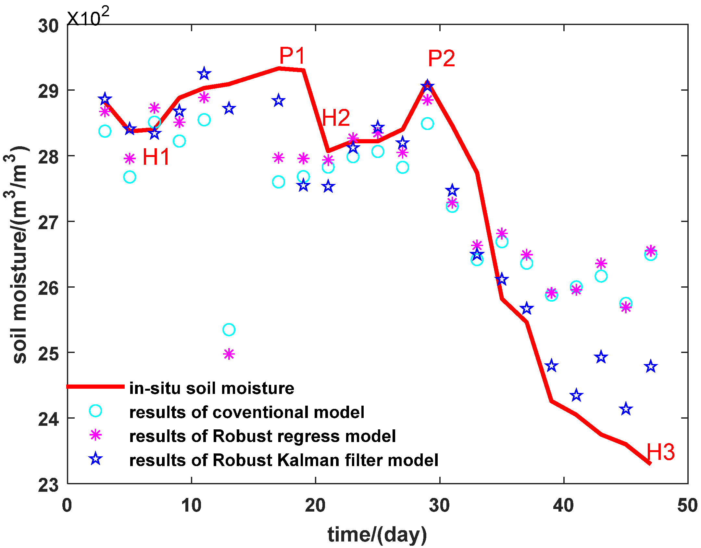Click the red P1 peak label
(292, 56)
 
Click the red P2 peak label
(441, 59)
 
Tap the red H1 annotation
(156, 157)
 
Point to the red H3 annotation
(660, 452)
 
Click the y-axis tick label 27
(48, 223)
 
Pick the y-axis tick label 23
(48, 485)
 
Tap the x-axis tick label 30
(439, 506)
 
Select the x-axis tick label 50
(687, 506)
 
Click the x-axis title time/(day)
(377, 534)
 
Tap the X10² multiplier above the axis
(88, 17)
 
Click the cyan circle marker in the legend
(95, 411)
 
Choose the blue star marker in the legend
(95, 459)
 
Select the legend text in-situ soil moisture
(211, 388)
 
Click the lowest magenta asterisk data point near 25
(229, 354)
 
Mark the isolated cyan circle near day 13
(229, 330)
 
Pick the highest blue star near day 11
(204, 74)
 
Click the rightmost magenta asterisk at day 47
(650, 251)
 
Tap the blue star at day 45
(626, 409)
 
